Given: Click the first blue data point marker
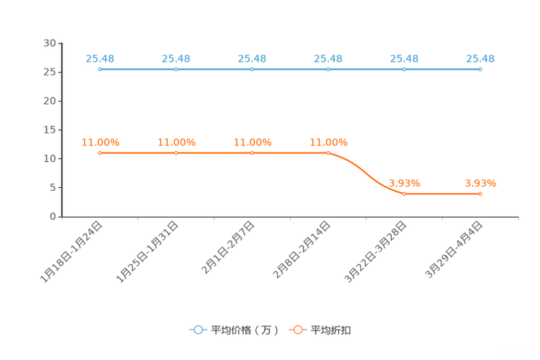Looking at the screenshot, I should click(x=99, y=69).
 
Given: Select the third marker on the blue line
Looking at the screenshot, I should click(x=252, y=69).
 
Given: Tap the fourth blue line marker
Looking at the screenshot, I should click(x=328, y=69).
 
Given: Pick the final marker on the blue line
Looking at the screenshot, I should click(x=480, y=69).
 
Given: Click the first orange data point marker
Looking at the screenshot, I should click(x=99, y=153).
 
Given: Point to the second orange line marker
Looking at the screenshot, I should click(x=176, y=153).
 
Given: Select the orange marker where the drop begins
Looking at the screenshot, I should click(x=328, y=153).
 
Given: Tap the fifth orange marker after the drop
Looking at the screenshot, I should click(x=404, y=195).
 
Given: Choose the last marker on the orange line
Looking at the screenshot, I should click(x=480, y=195).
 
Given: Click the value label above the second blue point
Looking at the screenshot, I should click(x=176, y=58).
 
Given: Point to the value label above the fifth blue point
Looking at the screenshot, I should click(x=404, y=58).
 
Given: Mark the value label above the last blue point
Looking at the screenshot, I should click(x=480, y=58).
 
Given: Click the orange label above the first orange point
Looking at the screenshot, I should click(x=100, y=142).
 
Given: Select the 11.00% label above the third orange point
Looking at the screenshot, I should click(x=252, y=142).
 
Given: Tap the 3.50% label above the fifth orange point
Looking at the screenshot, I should click(x=404, y=184).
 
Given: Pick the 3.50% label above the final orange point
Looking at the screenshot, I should click(x=480, y=184).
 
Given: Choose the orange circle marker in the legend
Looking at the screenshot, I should click(x=298, y=330).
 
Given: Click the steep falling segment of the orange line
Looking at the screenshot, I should click(x=367, y=174).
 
